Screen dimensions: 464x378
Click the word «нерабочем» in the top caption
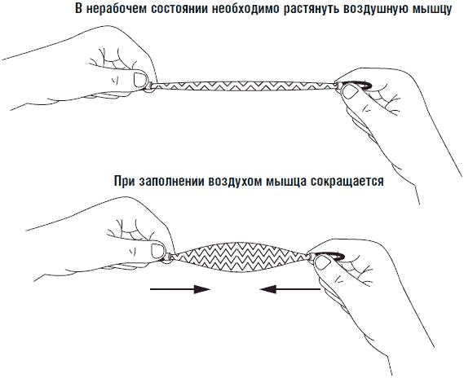117,9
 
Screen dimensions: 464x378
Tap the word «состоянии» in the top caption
179,9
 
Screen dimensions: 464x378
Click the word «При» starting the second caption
124,181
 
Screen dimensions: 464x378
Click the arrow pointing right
180,289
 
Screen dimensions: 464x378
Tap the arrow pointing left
289,289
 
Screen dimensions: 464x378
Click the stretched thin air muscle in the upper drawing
244,86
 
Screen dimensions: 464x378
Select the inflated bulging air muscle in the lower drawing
241,257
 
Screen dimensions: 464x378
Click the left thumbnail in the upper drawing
140,79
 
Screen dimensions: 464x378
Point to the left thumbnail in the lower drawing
158,250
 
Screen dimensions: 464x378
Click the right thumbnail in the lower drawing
324,262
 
